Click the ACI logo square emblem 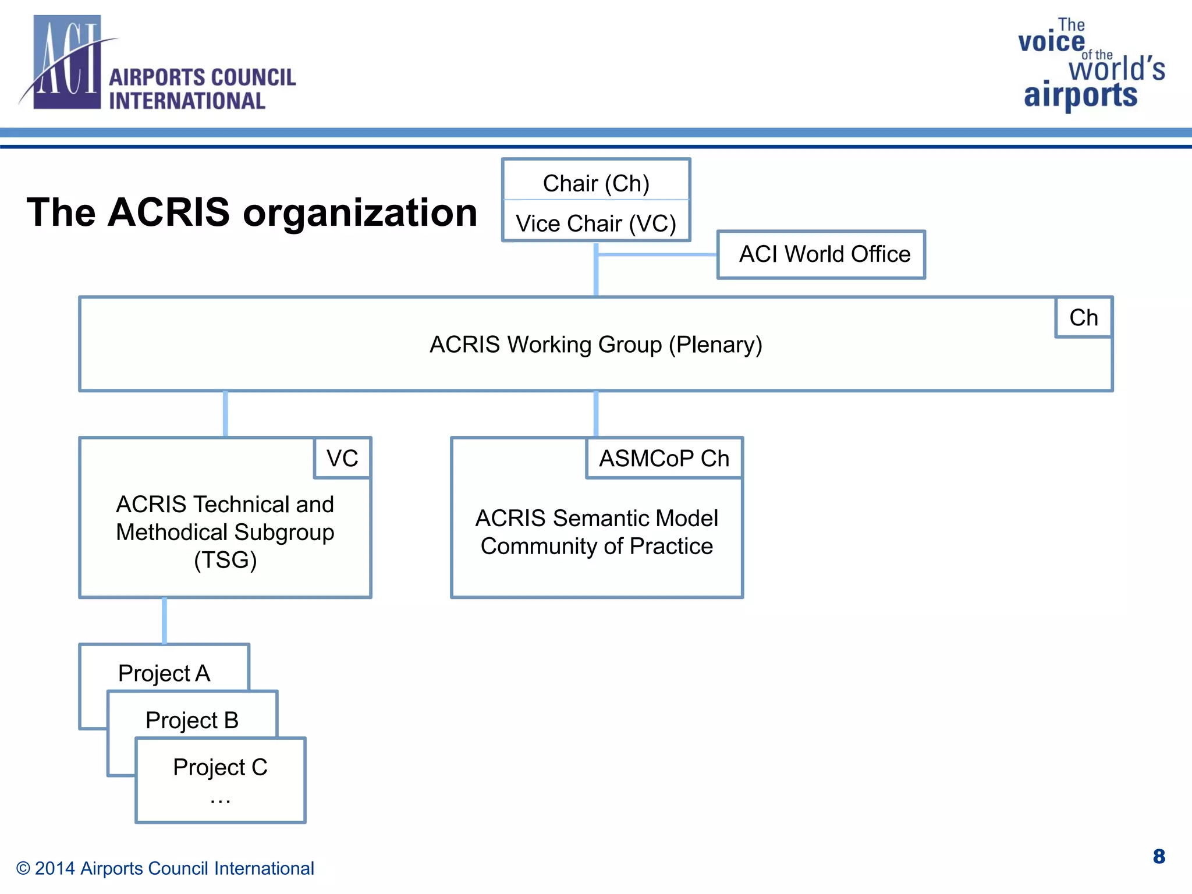click(x=67, y=62)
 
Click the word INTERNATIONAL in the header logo click(x=187, y=101)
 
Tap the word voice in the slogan click(x=1051, y=42)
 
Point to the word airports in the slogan click(x=1080, y=95)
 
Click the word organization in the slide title click(x=360, y=212)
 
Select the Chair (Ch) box click(x=596, y=183)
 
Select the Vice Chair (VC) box click(x=596, y=223)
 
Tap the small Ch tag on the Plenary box click(x=1083, y=318)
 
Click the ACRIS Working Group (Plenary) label click(x=596, y=345)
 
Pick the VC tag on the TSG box click(x=342, y=459)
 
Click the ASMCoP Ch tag click(x=664, y=459)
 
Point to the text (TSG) click(x=225, y=560)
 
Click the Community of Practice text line click(x=597, y=546)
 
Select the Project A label click(x=164, y=673)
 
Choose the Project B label click(x=192, y=721)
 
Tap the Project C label click(x=220, y=767)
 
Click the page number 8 click(x=1158, y=856)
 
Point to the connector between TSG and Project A click(x=164, y=620)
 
